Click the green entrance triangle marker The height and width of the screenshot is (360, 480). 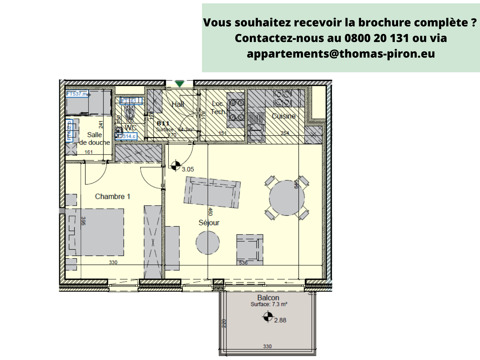179,84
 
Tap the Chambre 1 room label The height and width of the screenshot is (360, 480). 112,196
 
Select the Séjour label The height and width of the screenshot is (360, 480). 209,223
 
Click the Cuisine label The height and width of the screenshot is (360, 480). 283,116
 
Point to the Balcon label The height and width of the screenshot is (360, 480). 268,298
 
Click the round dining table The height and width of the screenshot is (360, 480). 286,198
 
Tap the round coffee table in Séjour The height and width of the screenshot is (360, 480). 208,242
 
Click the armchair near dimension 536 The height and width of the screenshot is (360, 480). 250,249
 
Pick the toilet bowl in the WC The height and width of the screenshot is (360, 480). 130,113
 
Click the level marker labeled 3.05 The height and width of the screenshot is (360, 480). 176,166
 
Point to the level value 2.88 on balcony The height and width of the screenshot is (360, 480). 280,320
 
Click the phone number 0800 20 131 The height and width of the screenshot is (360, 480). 376,38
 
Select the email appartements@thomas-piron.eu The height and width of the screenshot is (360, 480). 341,54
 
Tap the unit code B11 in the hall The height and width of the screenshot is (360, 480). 163,123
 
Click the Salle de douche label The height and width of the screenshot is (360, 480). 94,139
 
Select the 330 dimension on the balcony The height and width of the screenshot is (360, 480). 267,346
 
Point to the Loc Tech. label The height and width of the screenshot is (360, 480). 218,108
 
